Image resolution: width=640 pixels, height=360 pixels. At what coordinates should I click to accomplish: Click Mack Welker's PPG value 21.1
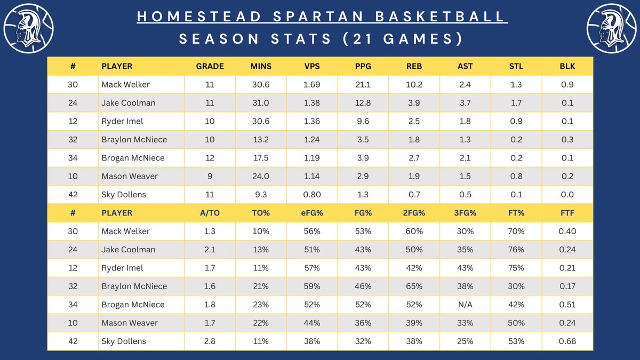click(363, 84)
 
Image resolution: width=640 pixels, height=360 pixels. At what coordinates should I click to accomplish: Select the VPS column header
click(312, 66)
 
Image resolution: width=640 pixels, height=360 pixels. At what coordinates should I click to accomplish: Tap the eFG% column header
click(312, 213)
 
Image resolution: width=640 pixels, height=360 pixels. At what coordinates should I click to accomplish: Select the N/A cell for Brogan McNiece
click(465, 305)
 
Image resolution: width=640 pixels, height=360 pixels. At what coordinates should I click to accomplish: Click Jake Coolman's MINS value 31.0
click(261, 103)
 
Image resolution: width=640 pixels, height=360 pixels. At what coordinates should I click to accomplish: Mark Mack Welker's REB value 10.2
click(414, 84)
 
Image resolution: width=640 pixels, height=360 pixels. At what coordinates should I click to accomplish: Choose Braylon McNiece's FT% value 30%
click(516, 286)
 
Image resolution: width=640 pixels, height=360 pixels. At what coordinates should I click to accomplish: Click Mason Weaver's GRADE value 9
click(210, 176)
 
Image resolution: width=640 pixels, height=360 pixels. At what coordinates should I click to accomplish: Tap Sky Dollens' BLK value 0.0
click(567, 195)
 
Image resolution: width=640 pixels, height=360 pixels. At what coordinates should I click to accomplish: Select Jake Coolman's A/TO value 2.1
click(210, 250)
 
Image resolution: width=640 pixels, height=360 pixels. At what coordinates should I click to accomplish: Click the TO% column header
click(261, 213)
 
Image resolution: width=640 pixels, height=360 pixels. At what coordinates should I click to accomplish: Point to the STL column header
click(516, 66)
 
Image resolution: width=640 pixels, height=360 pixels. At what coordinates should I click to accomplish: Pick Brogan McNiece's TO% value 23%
click(261, 305)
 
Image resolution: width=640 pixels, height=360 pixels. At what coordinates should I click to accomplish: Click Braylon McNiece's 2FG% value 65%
click(414, 286)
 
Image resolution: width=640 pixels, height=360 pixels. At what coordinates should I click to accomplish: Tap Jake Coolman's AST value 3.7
click(465, 103)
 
